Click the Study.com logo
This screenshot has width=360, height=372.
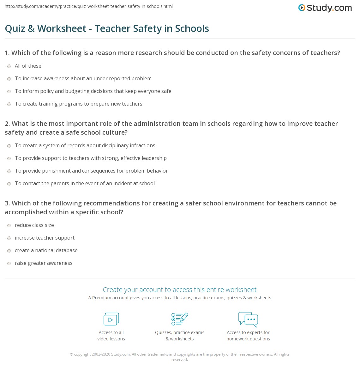325,8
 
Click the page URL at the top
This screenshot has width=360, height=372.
89,6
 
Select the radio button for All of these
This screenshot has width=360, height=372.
9,66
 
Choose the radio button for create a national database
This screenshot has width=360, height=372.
9,251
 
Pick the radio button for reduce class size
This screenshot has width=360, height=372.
9,225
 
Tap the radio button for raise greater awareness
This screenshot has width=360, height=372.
9,263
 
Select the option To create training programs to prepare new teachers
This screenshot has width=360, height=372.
78,104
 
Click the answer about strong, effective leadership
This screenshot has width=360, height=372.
91,158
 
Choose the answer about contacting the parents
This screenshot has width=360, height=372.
85,183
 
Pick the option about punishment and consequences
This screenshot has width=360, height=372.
91,171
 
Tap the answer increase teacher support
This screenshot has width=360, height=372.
45,238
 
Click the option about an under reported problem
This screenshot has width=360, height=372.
83,78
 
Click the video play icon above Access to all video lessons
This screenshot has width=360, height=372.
111,319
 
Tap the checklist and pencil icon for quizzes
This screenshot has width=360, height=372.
180,319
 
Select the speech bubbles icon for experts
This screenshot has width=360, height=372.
248,319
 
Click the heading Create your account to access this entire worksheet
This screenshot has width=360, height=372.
180,290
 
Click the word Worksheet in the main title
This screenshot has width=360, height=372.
62,28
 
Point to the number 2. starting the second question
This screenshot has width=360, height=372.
7,124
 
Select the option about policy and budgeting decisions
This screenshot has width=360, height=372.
93,91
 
